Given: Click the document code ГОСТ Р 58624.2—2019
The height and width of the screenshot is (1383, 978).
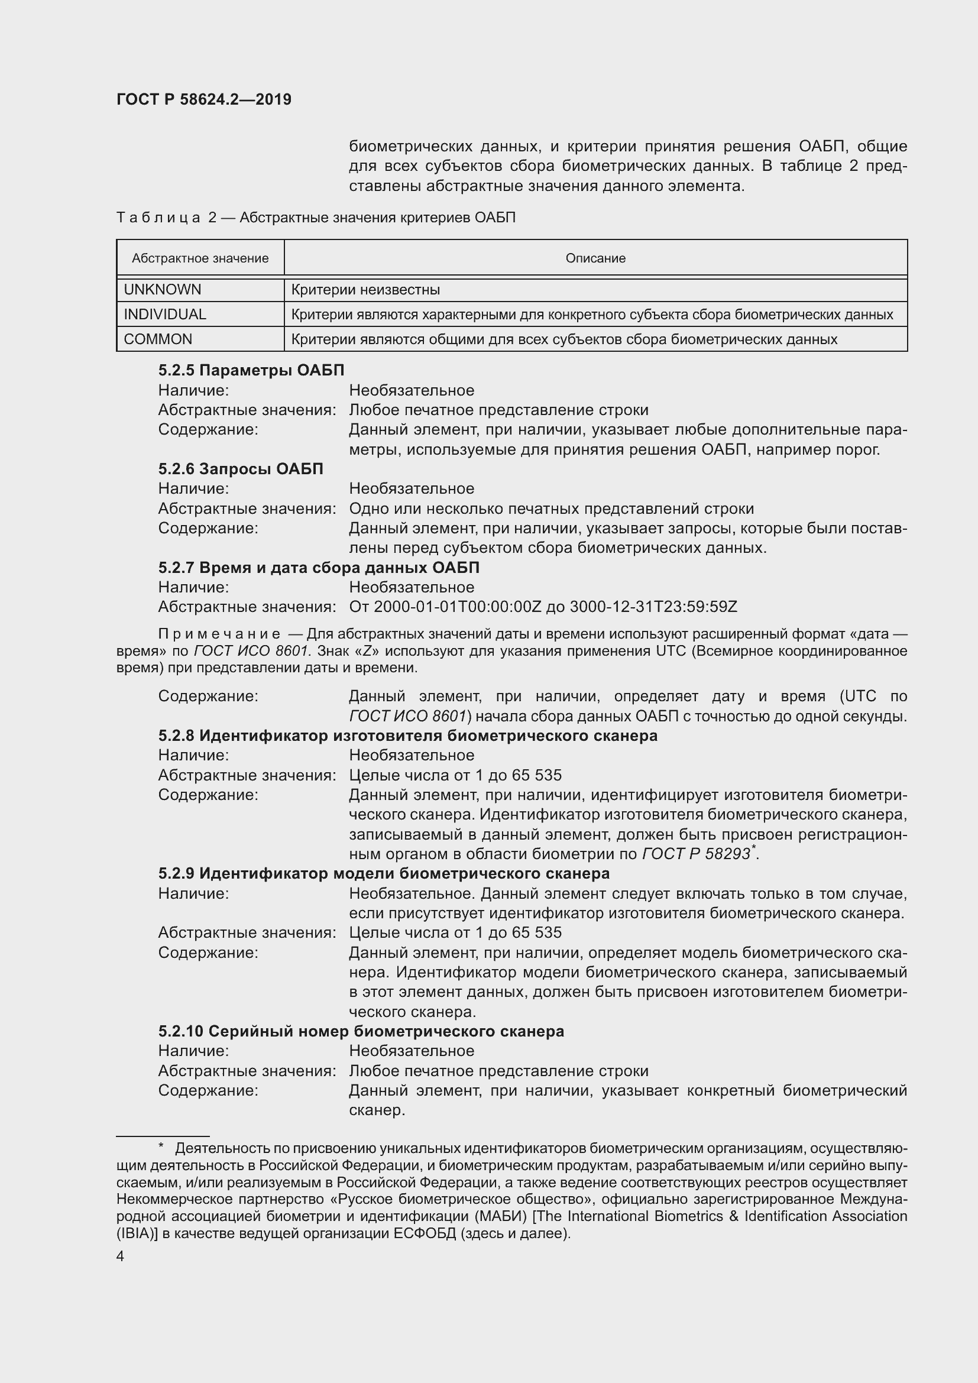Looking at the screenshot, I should (203, 99).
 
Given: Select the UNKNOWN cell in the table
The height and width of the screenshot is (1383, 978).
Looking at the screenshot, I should (162, 290).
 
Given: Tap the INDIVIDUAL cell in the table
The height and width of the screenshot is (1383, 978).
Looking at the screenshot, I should (164, 315).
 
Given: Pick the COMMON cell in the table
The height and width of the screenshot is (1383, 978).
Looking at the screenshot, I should (158, 339).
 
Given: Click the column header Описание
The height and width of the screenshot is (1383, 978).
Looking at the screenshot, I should (595, 258).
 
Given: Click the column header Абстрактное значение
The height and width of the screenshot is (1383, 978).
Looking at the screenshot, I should (200, 258).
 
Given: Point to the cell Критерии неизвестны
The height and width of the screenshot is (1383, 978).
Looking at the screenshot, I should (365, 290).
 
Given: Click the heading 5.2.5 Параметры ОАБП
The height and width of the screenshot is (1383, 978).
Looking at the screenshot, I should (251, 370).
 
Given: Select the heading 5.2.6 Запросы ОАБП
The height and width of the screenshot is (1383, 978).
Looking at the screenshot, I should (241, 469).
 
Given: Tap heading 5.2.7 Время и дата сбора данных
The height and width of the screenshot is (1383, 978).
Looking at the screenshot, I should (319, 568).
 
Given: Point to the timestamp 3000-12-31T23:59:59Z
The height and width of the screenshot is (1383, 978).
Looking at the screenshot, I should (653, 607).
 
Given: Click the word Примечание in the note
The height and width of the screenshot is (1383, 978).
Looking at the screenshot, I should (219, 634).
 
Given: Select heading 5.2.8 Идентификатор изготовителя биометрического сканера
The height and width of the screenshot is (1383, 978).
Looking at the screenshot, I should (408, 736).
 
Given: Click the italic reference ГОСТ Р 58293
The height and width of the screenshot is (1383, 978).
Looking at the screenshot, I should (696, 854).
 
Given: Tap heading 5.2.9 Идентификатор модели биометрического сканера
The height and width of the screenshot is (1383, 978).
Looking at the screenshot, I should (384, 873).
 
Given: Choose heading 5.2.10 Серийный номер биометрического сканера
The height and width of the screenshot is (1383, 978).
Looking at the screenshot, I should (361, 1031).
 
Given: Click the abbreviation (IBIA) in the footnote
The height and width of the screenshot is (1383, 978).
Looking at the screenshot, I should (137, 1233).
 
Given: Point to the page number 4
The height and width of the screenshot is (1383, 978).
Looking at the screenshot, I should (121, 1256).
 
